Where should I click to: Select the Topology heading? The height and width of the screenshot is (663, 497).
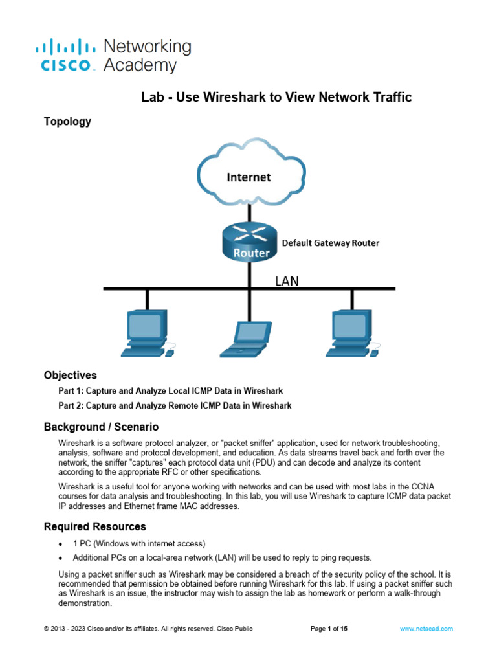coord(67,121)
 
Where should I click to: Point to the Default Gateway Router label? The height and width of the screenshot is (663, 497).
coord(330,243)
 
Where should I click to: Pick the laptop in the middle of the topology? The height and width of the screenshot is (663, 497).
coord(248,339)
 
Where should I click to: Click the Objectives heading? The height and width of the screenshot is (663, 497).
coord(71,375)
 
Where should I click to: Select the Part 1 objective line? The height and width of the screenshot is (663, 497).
coord(171,391)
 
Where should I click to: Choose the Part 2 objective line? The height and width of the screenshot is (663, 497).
coord(175,406)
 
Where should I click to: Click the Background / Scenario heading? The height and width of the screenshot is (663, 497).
coord(101,427)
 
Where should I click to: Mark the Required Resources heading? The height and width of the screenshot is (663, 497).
coord(94,526)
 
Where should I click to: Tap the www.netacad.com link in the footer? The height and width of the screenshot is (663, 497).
coord(426,629)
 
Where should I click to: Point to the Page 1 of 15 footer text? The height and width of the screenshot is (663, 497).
coord(329,629)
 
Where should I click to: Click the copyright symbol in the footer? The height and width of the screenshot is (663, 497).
coord(46,629)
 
